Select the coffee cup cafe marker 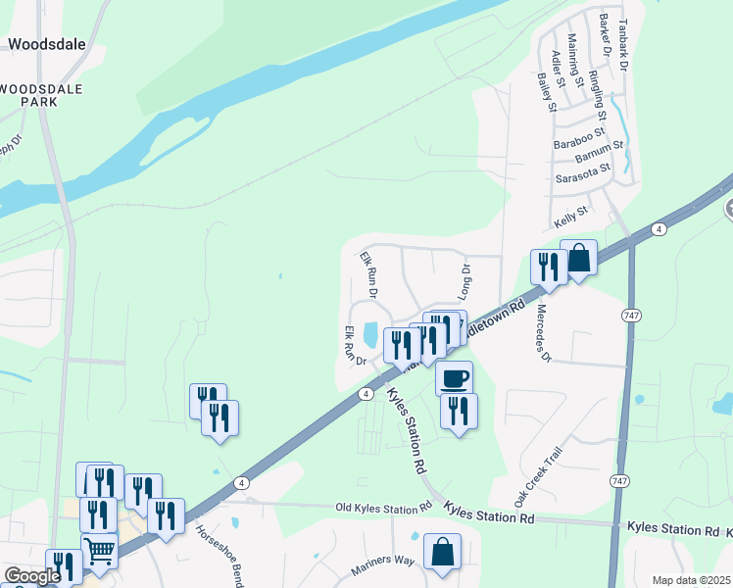(454, 378)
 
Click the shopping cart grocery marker (99, 551)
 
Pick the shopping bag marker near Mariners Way (442, 551)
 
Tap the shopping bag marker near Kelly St (579, 259)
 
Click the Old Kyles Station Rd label (383, 508)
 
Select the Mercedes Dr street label (541, 332)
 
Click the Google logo (31, 576)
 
